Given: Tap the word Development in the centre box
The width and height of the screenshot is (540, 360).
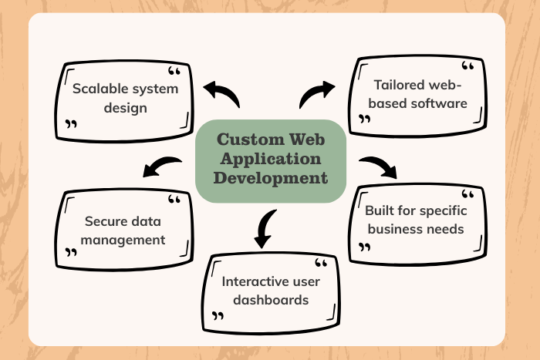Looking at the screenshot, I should [270, 177].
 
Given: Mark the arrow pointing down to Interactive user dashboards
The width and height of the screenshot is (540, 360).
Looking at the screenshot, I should [264, 228].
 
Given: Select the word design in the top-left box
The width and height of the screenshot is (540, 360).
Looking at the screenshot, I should [128, 108].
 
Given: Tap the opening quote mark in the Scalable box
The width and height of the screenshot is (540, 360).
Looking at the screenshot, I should [174, 72].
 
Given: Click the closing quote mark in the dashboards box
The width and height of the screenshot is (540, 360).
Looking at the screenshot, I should [218, 316].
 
